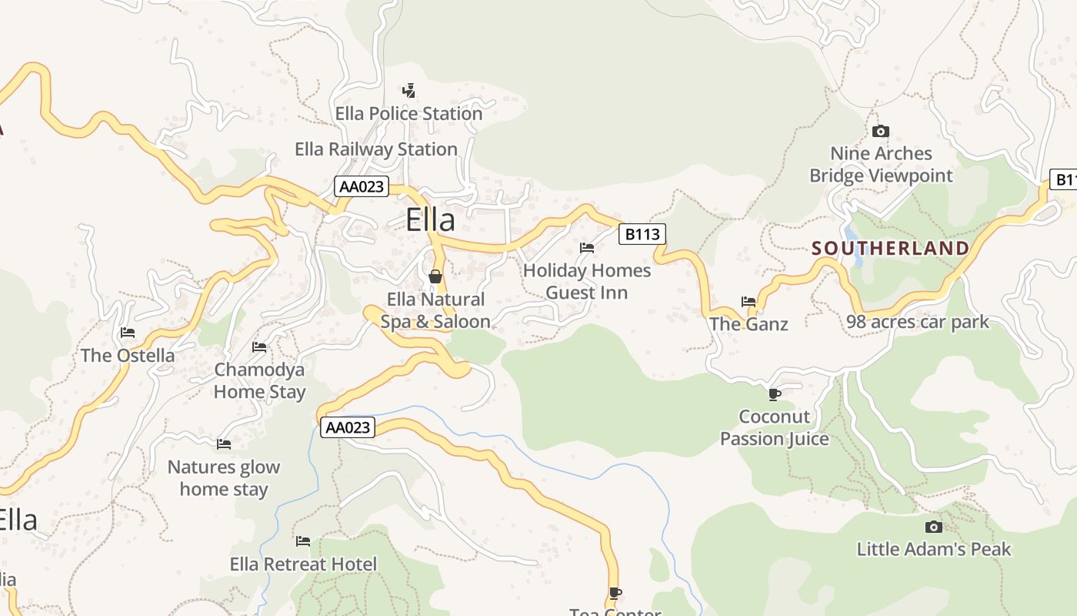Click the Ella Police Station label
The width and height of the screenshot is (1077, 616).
click(408, 114)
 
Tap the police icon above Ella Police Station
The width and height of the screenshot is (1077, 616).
click(409, 91)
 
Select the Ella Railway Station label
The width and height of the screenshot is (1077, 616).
click(376, 149)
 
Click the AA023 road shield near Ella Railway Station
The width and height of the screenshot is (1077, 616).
click(362, 186)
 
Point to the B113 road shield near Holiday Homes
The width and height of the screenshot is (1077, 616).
click(642, 234)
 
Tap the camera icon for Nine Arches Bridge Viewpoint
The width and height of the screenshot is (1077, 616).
click(881, 132)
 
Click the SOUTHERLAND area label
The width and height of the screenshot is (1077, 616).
click(890, 248)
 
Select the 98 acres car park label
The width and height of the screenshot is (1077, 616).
click(917, 322)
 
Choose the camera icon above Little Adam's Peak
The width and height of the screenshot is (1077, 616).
click(933, 527)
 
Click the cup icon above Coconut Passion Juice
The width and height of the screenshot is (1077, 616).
click(775, 394)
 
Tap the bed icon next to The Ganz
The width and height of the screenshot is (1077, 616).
click(748, 301)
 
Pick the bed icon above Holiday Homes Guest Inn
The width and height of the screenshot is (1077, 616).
click(587, 248)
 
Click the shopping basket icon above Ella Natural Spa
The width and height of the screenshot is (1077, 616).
click(435, 276)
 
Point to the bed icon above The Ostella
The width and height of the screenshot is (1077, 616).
click(128, 333)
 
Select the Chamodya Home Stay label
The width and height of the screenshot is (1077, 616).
click(259, 380)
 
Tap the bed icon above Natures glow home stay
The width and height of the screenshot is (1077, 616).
click(224, 444)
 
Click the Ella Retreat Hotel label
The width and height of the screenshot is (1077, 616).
click(303, 564)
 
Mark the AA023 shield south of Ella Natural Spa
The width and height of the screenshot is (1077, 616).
click(348, 427)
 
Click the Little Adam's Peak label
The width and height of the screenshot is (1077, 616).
click(933, 549)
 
